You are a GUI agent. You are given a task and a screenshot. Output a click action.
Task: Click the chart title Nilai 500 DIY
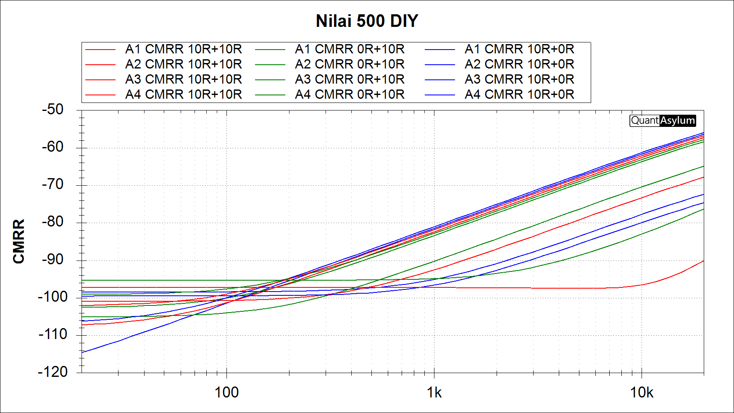coord(367,21)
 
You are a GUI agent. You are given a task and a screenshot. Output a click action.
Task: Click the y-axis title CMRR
coord(19,241)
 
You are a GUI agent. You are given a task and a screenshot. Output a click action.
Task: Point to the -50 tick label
coord(53,110)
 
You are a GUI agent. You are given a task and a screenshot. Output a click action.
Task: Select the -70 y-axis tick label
coord(53,184)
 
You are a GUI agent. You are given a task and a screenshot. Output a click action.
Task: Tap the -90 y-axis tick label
coord(53,260)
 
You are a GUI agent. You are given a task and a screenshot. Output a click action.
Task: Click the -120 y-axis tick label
coord(53,372)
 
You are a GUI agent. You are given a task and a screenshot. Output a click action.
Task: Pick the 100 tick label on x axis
coord(226,392)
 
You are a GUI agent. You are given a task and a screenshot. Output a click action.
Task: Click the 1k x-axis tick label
coord(434,392)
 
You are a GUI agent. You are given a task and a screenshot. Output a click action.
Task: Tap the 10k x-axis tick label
coord(642,392)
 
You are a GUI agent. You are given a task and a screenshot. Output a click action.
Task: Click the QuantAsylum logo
coord(663,121)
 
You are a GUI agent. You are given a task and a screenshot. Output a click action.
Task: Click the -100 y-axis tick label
coord(53,297)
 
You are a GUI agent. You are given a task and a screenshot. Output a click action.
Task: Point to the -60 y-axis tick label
coord(53,147)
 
